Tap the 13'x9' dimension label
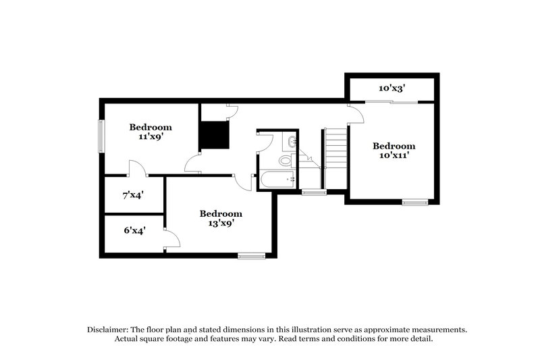[221, 223]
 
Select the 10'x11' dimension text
[394, 155]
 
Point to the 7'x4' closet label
[133, 196]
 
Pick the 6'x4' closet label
[133, 230]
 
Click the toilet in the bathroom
[286, 161]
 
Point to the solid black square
[213, 135]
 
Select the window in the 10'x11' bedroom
[414, 201]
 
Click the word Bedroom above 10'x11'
[394, 146]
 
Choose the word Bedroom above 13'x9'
[221, 213]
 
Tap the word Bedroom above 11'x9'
[151, 126]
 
